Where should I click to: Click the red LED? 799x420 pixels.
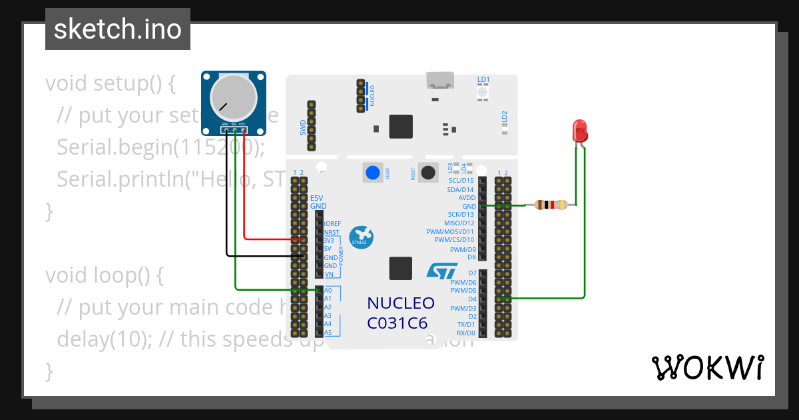[579, 130]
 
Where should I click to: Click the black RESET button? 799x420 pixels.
[428, 173]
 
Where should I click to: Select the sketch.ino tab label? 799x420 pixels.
[117, 29]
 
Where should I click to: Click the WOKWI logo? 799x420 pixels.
[707, 368]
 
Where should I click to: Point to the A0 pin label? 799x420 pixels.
[328, 291]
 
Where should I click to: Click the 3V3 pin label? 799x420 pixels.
[329, 240]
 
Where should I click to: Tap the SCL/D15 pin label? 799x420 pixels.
[461, 181]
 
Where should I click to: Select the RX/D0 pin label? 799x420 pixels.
[465, 333]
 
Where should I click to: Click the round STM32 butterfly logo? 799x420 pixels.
[362, 236]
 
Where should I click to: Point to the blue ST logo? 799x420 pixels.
[441, 271]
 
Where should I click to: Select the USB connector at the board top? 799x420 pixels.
[440, 81]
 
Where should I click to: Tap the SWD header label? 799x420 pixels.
[303, 127]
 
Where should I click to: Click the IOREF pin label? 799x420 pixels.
[332, 224]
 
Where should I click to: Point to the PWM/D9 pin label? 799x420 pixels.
[463, 249]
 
